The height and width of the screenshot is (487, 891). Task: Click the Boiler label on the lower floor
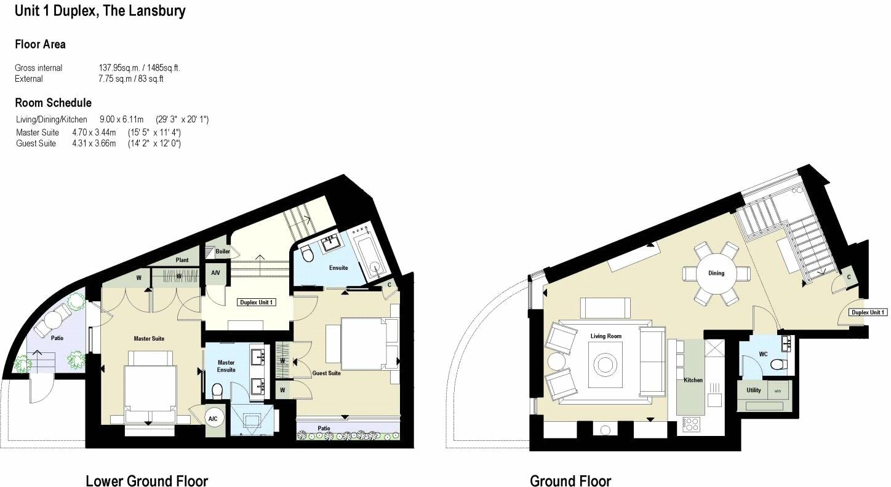tap(222, 251)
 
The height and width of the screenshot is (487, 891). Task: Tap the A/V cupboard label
tap(216, 272)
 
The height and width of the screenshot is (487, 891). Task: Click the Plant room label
tap(182, 260)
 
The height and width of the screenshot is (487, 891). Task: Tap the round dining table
tap(716, 273)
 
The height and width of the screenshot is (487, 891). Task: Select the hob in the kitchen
tap(691, 424)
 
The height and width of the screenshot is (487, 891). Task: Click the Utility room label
tap(753, 390)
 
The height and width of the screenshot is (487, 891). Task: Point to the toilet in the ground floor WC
tap(778, 364)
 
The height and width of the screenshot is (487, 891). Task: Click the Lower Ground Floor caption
tap(146, 481)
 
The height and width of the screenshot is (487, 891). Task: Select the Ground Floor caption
tap(570, 481)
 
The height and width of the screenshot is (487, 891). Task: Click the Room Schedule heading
tap(53, 103)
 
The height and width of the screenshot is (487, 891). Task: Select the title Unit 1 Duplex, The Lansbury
tap(100, 10)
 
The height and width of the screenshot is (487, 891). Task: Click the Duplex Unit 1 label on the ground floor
tap(868, 312)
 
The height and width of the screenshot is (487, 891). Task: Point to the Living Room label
tap(606, 336)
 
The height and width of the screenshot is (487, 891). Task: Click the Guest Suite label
tap(326, 373)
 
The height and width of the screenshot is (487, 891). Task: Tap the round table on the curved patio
tap(52, 319)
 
